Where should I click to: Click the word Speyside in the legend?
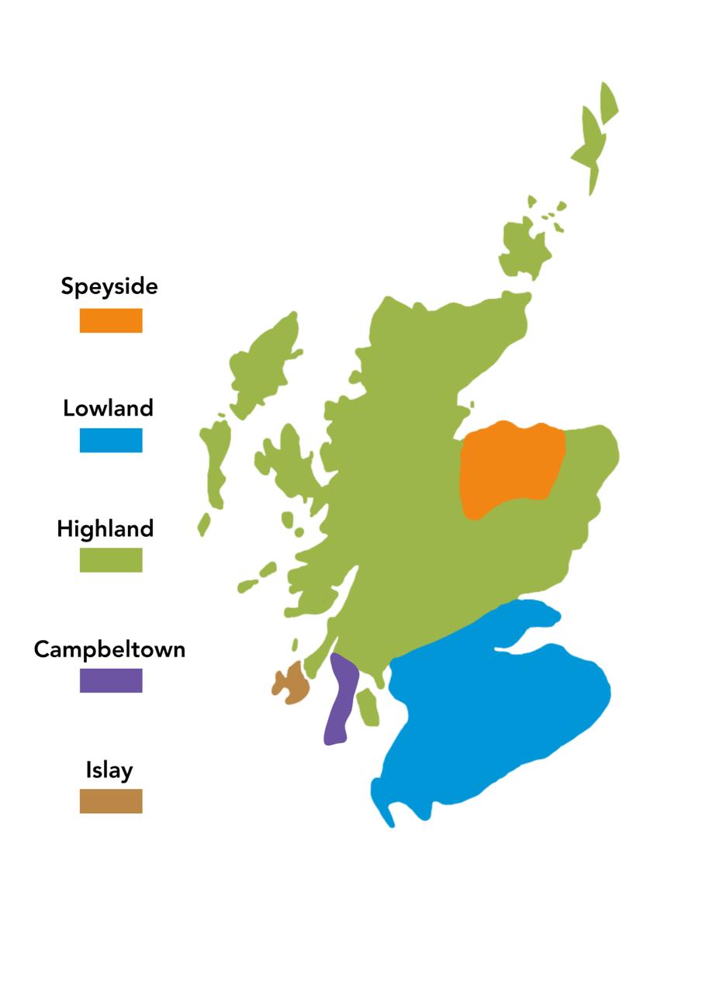(109, 286)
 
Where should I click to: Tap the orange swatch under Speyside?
(111, 320)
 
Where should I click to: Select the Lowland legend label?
(109, 407)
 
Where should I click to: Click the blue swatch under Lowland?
(111, 440)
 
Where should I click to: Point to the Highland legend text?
(105, 528)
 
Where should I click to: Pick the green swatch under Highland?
(111, 560)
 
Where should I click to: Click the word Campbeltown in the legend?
(109, 649)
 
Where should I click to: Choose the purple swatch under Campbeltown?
(111, 680)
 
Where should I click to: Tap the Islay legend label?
(109, 770)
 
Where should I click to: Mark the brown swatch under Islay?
(111, 801)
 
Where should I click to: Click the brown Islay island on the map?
(293, 683)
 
